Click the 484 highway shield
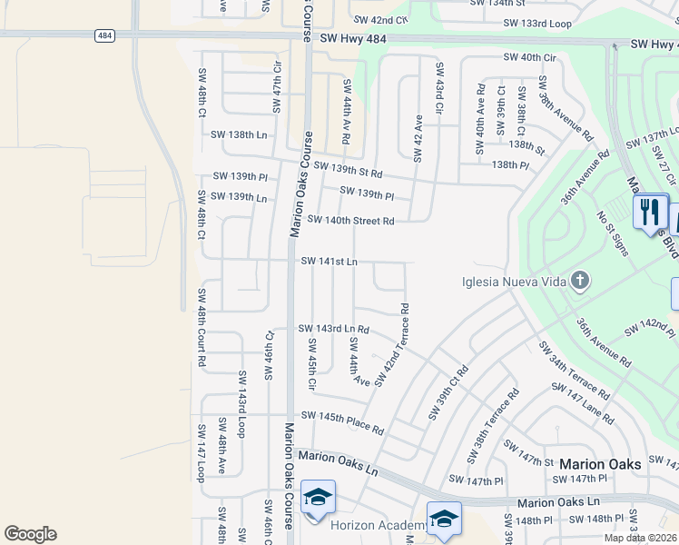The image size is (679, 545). pos(103,35)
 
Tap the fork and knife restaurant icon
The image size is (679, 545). pos(650,213)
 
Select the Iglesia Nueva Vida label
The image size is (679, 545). pos(514,282)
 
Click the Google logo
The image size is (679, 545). pos(30,534)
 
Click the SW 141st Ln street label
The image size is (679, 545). pos(330,262)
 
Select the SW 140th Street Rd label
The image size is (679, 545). pos(350,220)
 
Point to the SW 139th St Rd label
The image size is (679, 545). pos(348,169)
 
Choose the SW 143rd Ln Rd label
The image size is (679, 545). pos(334,329)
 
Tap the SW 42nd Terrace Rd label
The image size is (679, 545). pos(391,344)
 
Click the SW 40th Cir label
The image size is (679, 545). pos(530,57)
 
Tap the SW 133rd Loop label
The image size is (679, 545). pos(536,23)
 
